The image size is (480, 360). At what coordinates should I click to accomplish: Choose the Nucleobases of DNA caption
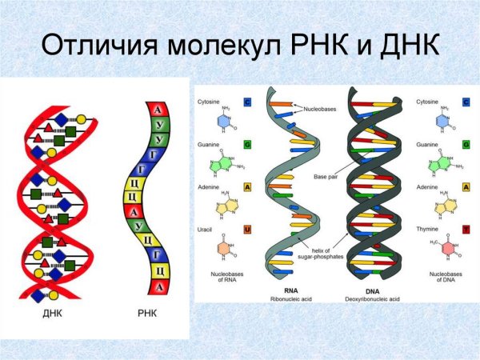tap(442, 278)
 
